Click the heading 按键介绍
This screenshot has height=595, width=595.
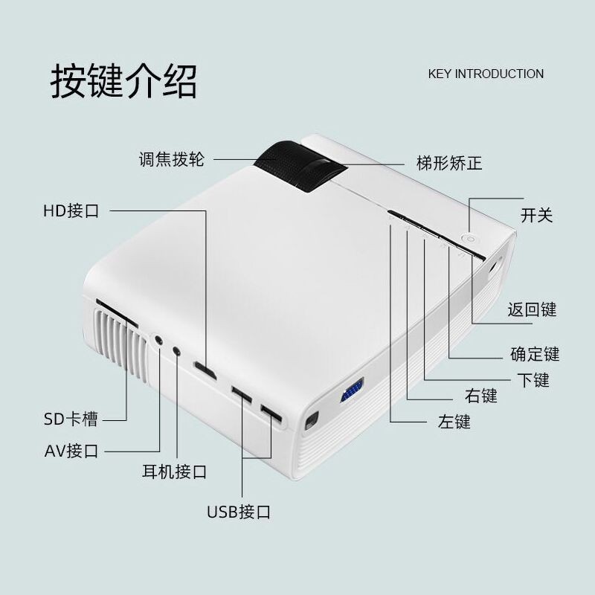coord(123,81)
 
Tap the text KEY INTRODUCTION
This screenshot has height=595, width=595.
coord(486,74)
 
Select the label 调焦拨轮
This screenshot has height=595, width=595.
coord(171,159)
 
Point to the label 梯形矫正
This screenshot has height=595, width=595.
coord(449,162)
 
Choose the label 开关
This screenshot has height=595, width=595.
coord(537,216)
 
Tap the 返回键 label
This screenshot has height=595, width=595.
coord(533,309)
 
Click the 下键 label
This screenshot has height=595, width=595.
coord(533,380)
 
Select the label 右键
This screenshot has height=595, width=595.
coord(480,396)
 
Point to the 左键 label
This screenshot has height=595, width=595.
coord(454,422)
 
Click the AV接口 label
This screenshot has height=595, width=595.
coord(71,451)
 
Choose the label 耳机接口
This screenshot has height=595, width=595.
coord(174,472)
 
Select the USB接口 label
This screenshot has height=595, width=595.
coord(238,512)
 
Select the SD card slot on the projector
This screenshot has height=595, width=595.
coord(115,313)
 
